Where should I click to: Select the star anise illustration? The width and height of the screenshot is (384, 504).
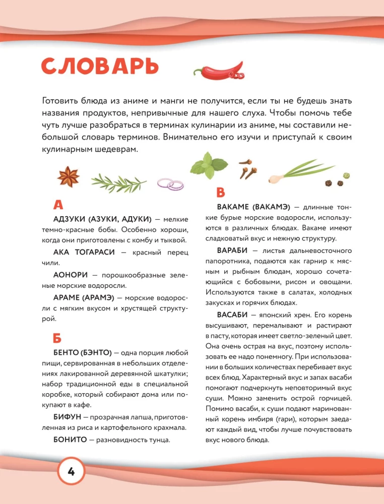tap(69, 177)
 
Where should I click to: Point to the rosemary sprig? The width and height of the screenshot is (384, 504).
tap(118, 181)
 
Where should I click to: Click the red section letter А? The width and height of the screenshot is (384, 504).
tap(58, 205)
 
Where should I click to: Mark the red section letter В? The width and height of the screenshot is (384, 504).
tap(220, 193)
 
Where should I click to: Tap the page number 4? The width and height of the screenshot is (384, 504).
tap(71, 472)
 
